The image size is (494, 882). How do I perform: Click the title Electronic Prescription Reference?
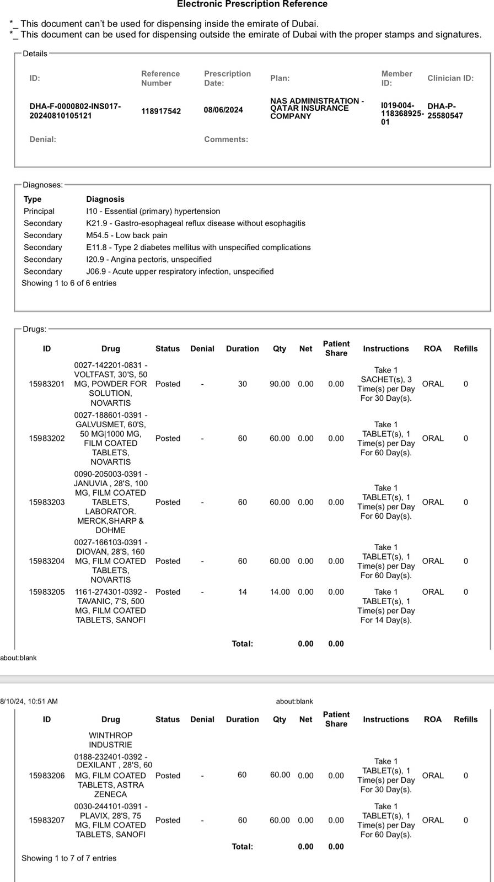252,4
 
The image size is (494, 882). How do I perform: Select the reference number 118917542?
160,111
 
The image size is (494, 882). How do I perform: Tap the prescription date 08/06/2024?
223,110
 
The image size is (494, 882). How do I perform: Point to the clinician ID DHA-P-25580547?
445,111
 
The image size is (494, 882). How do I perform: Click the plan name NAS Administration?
316,109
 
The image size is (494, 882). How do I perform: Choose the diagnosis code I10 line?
153,211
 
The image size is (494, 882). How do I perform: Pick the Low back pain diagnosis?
127,235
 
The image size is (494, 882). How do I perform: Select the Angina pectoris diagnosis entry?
149,259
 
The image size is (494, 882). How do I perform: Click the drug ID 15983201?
47,384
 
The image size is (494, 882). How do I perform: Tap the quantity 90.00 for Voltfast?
280,384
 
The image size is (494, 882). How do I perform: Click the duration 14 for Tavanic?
242,592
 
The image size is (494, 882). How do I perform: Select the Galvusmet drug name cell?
110,438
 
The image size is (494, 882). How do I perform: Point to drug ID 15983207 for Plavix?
47,820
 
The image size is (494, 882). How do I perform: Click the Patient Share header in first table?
336,348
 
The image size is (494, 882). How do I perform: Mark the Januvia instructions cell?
386,502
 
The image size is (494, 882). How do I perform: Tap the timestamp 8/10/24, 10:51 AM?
29,701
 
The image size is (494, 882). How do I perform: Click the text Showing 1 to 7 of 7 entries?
69,858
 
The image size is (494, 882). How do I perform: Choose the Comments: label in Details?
225,139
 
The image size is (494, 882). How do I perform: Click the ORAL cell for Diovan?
432,561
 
